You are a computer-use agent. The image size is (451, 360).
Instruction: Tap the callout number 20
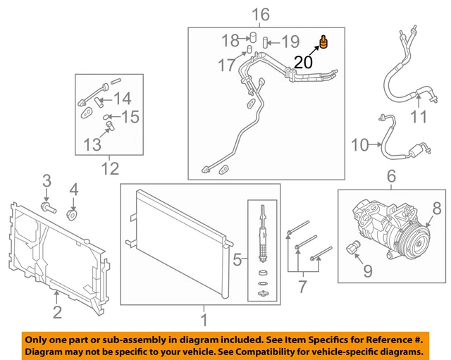pyautogui.click(x=303, y=63)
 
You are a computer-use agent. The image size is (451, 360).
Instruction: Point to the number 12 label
pyautogui.click(x=110, y=168)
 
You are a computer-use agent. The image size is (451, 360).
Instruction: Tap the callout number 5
pyautogui.click(x=237, y=261)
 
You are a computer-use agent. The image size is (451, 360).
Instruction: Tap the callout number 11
pyautogui.click(x=419, y=117)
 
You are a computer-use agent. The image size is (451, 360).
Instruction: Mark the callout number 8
pyautogui.click(x=437, y=209)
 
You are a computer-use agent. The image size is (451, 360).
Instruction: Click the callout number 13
pyautogui.click(x=92, y=144)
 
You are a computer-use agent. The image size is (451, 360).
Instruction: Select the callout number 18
pyautogui.click(x=230, y=40)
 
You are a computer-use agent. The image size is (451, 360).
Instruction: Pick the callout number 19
pyautogui.click(x=290, y=42)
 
